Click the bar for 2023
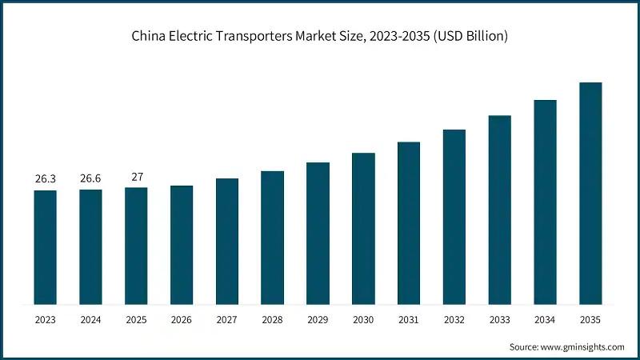45,247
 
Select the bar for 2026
182,245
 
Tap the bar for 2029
318,233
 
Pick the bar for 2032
454,217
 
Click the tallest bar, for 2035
590,193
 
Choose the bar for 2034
545,202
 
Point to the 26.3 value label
45,179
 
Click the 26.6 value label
90,179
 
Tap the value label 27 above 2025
136,177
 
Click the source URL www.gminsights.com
583,347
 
